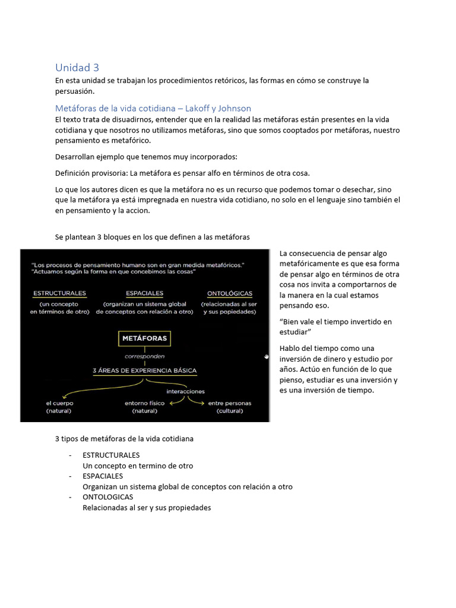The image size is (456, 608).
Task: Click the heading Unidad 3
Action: (81, 67)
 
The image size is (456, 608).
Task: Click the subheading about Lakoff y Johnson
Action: (153, 108)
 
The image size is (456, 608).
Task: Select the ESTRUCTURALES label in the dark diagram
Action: (59, 293)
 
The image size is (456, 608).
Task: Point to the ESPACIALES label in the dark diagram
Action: (144, 293)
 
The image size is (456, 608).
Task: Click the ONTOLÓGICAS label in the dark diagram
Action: (230, 293)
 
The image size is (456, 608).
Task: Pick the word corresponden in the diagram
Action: (144, 357)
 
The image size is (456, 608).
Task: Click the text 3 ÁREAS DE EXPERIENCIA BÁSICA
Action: (144, 370)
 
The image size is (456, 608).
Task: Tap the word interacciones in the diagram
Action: (185, 391)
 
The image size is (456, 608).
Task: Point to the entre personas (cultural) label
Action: (229, 407)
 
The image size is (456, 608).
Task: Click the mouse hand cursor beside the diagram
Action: (267, 357)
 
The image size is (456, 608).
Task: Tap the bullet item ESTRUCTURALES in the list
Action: (111, 455)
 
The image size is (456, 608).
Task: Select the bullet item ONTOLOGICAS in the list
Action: (108, 497)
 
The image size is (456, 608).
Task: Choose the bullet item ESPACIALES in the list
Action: (103, 476)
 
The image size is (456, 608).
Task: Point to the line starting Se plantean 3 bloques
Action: (153, 237)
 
